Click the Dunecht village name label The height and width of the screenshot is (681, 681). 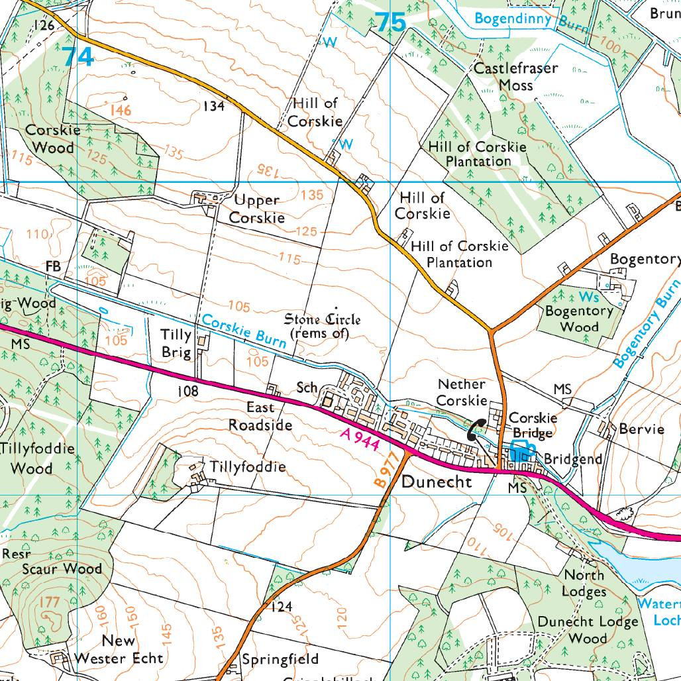pos(437,482)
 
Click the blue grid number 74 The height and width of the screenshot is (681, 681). pos(79,56)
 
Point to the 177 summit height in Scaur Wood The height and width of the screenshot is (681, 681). pos(50,602)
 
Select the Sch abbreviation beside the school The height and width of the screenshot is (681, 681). pos(307,387)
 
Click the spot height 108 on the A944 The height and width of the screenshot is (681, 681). pos(187,392)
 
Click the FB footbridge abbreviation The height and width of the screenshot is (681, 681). pos(53,266)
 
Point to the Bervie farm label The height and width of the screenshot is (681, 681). pos(641,429)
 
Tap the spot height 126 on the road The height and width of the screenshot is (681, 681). pos(43,26)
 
